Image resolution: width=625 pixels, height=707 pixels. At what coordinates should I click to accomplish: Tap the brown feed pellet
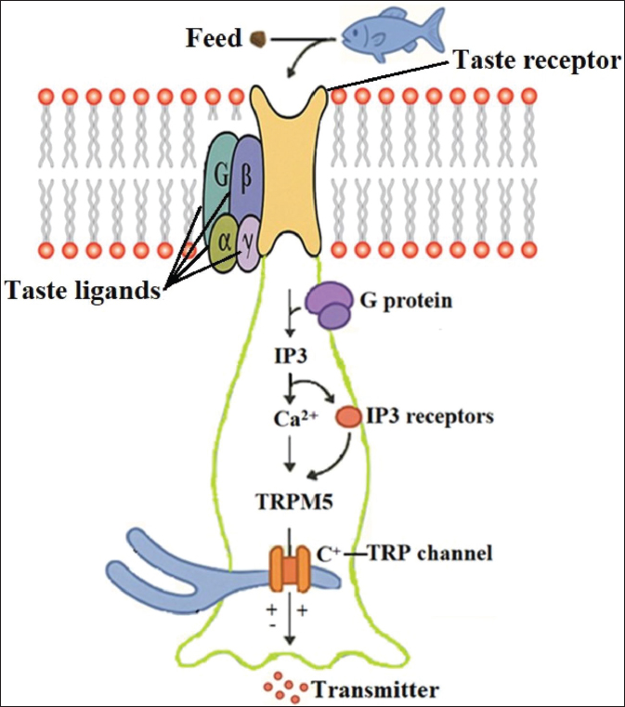pyautogui.click(x=260, y=38)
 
